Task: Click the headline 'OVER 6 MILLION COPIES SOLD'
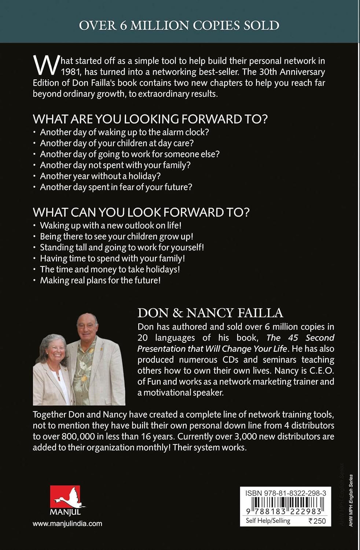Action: (179, 25)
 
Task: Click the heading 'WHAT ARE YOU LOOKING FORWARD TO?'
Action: (150, 119)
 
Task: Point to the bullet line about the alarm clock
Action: (124, 132)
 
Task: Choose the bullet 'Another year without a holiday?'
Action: (100, 176)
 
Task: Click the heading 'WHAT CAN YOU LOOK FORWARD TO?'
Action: (141, 212)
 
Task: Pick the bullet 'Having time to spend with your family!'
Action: (112, 258)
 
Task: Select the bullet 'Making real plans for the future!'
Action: (100, 280)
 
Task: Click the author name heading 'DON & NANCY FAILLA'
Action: (210, 312)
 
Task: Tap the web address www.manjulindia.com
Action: (67, 524)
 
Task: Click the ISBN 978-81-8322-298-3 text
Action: (286, 493)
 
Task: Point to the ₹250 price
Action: (317, 521)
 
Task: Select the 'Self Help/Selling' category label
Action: (268, 521)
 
